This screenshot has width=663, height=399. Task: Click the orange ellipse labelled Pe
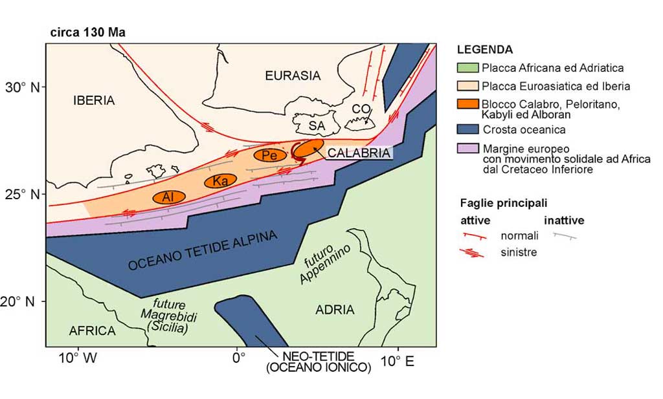(266, 155)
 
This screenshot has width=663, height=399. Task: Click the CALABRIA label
(359, 153)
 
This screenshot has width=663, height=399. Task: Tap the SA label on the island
(316, 125)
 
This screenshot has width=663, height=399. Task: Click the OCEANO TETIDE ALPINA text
(202, 250)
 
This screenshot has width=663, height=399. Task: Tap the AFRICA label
(92, 331)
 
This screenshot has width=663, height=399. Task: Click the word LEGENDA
(484, 50)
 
